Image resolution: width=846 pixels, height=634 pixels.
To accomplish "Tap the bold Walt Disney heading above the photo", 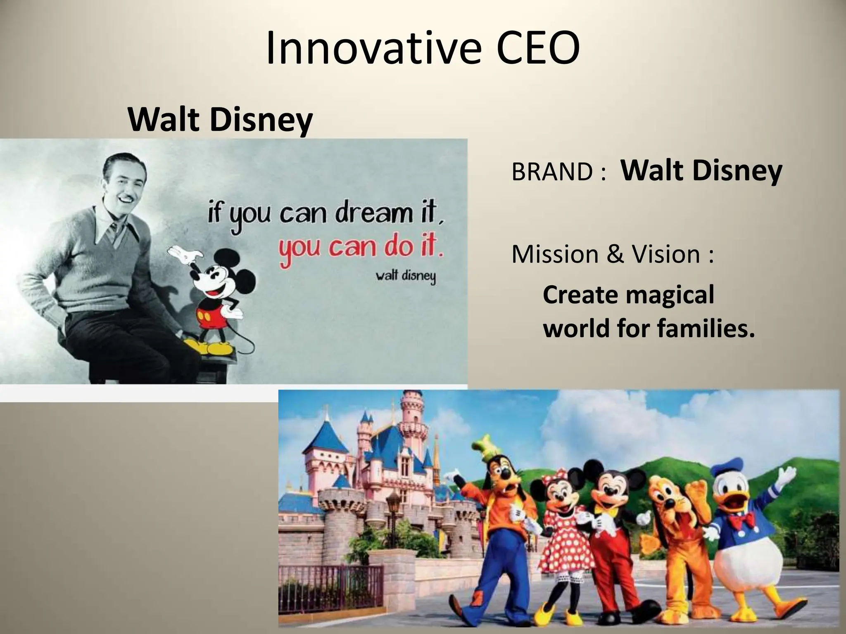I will point(220,120).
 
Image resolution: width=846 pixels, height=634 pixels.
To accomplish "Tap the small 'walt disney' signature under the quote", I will point(405,276).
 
